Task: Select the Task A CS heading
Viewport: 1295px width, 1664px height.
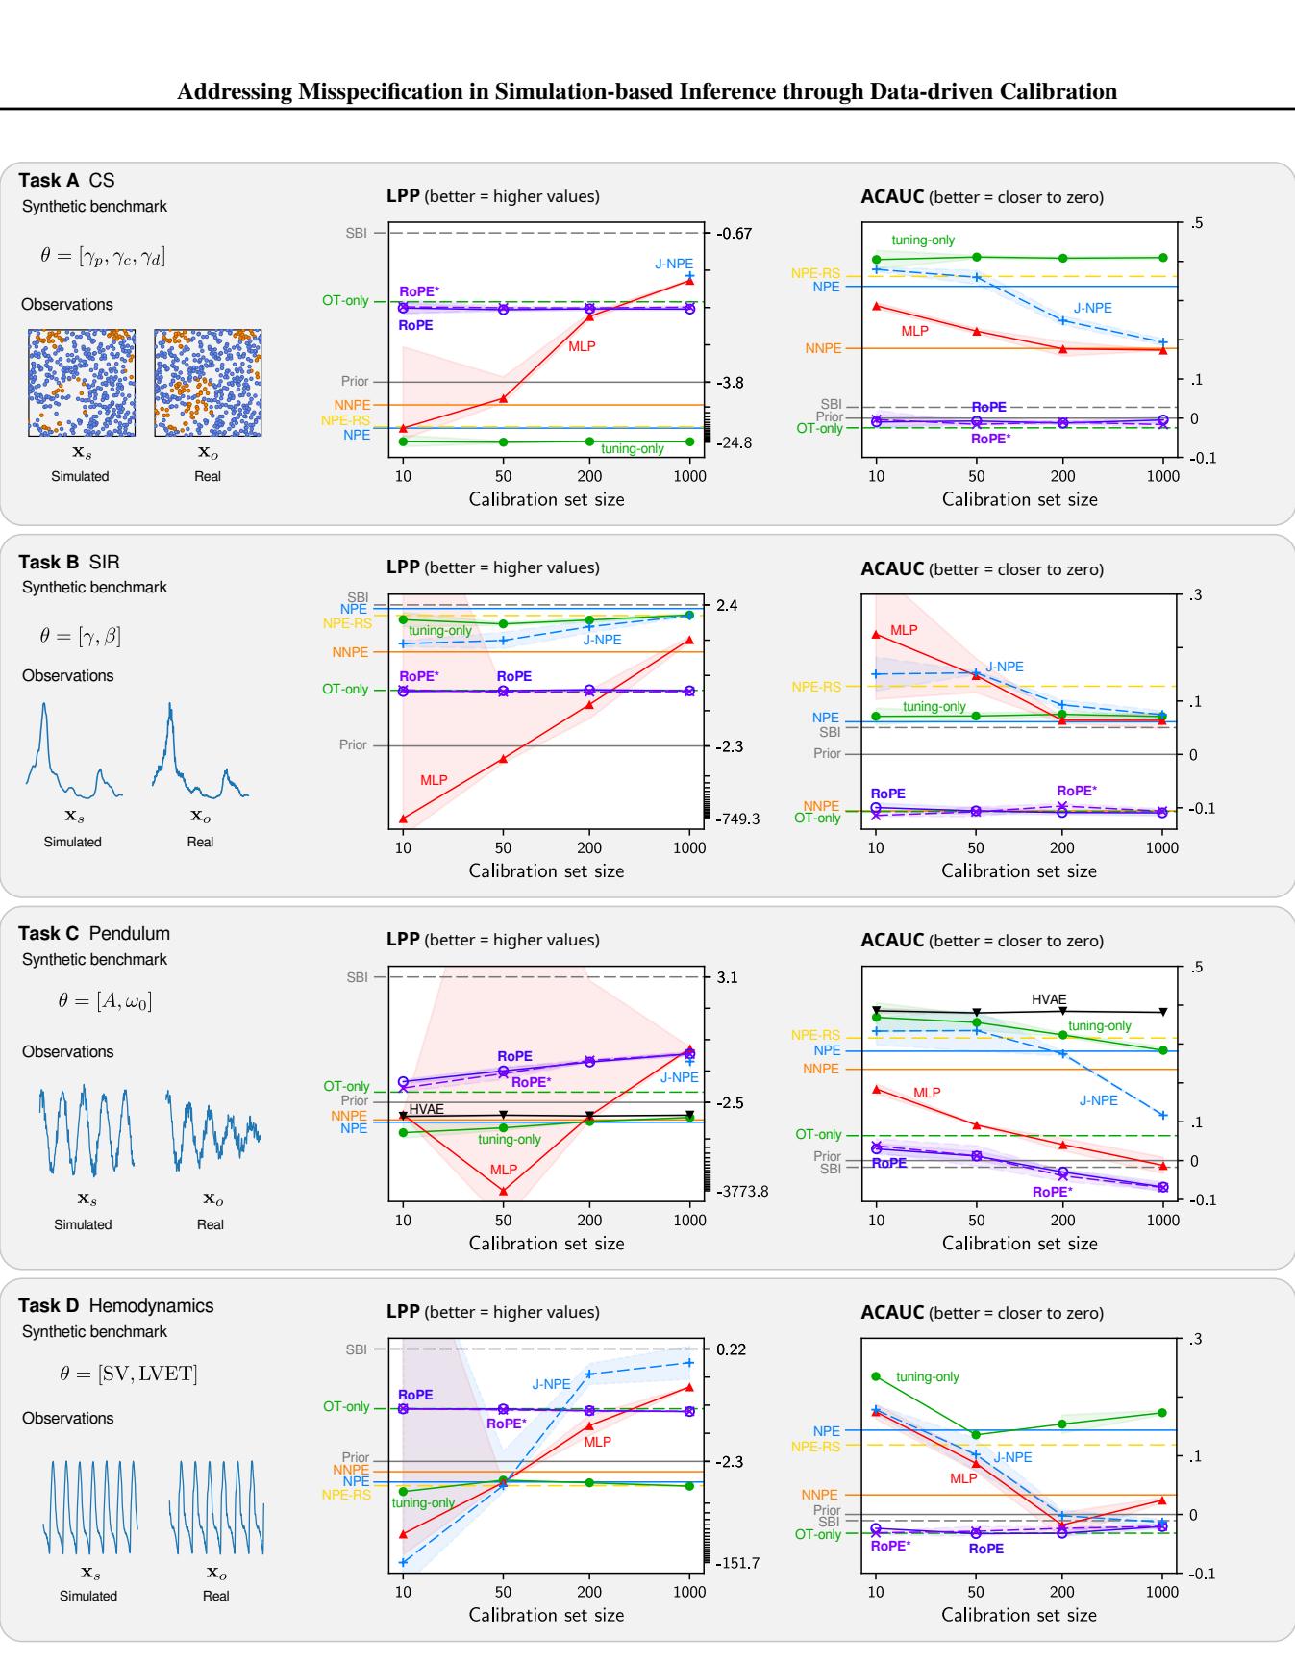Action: coord(66,181)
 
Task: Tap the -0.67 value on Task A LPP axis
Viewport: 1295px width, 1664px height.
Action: coord(735,234)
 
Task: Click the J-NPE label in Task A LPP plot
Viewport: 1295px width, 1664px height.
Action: coord(674,264)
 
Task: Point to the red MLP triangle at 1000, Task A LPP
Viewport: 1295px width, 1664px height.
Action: coord(689,281)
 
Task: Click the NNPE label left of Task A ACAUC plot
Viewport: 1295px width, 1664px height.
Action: coord(823,348)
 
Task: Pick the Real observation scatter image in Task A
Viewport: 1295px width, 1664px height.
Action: coord(208,383)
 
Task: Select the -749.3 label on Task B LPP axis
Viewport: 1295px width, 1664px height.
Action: coord(737,819)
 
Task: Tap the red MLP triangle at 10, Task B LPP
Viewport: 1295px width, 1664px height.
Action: coord(403,819)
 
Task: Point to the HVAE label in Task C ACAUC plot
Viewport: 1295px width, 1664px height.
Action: coord(1049,999)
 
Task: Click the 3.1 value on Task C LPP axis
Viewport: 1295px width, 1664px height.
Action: coord(727,977)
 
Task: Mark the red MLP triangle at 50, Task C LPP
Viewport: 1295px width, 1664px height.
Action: coord(503,1191)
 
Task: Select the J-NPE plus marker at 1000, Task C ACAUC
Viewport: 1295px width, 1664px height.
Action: coord(1163,1116)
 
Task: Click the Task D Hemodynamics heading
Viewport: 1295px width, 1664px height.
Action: coord(116,1306)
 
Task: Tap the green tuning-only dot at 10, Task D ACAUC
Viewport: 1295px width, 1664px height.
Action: coord(876,1376)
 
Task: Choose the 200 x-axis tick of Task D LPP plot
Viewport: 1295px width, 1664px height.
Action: coord(589,1592)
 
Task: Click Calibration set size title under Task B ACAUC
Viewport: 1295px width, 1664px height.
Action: coord(1019,871)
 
